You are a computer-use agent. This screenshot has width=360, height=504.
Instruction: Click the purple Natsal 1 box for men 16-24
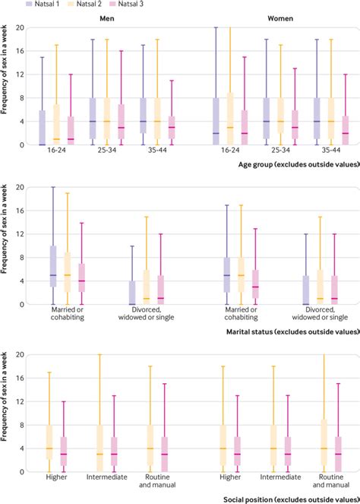(41, 128)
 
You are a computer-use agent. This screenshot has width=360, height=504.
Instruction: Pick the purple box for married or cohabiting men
(53, 266)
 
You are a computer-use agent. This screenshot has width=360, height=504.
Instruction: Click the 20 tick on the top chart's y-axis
(21, 27)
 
